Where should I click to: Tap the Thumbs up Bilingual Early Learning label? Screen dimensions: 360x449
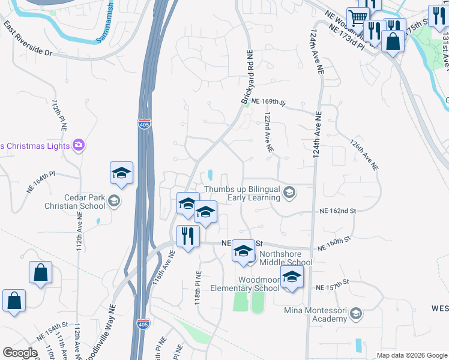pyautogui.click(x=242, y=193)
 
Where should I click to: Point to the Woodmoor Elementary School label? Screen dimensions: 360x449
pyautogui.click(x=246, y=284)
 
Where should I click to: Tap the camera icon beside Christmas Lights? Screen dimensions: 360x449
pyautogui.click(x=78, y=145)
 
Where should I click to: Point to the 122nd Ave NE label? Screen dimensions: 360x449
pyautogui.click(x=269, y=131)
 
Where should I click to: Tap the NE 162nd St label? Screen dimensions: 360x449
pyautogui.click(x=338, y=211)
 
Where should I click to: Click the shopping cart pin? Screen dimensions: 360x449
pyautogui.click(x=358, y=17)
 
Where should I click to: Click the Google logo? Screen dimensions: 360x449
pyautogui.click(x=20, y=353)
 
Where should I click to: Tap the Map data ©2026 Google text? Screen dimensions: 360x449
pyautogui.click(x=412, y=355)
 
